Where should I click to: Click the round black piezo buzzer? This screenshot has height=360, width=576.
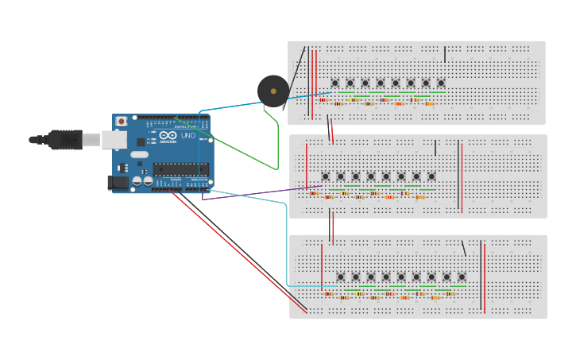coord(273,91)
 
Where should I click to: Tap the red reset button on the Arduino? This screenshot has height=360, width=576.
coord(122,122)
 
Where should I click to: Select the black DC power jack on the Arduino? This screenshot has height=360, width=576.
coord(118,182)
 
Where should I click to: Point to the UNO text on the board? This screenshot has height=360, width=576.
coord(187,136)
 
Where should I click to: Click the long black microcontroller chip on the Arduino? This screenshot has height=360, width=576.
coord(181,168)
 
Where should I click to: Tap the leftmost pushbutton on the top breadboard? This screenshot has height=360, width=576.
coord(334,83)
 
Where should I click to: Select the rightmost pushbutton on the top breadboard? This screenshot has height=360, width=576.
coord(441,83)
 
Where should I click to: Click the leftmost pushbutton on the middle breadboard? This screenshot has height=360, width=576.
coord(325,176)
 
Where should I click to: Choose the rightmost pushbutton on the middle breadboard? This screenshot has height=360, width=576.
coord(431,176)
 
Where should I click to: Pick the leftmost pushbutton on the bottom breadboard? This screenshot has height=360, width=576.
coord(341,277)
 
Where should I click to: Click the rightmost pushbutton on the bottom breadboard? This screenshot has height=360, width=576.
coord(462,277)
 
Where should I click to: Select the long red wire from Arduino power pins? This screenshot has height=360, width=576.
coord(238,250)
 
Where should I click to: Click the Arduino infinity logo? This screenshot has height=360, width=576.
coord(168,136)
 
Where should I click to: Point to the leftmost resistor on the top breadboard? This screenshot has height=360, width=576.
coord(323,100)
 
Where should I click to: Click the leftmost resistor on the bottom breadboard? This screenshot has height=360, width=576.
coord(329,294)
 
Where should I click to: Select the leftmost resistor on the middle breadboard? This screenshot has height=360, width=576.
coord(314,193)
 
